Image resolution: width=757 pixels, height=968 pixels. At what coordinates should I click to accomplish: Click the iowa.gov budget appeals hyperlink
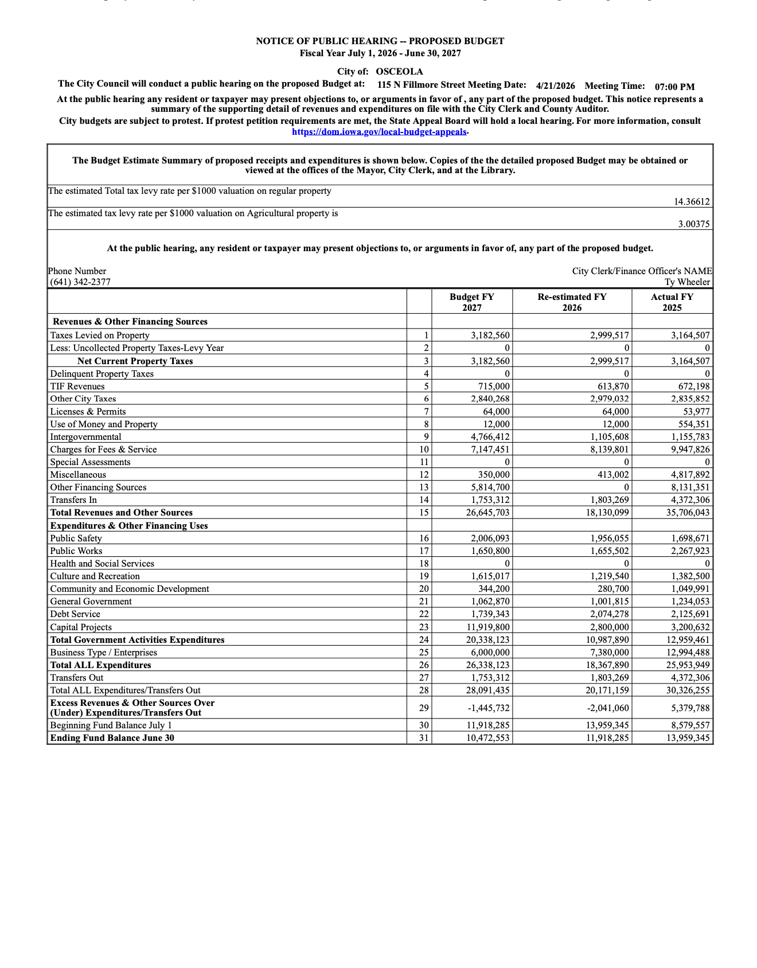[379, 132]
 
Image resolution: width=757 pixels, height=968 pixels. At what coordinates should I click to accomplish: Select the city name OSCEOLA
[399, 72]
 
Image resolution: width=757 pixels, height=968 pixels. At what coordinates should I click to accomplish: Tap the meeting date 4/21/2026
[555, 86]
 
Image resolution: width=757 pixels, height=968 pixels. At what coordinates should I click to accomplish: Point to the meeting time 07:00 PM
[674, 87]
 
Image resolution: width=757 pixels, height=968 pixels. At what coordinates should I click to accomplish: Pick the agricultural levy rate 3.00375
[694, 224]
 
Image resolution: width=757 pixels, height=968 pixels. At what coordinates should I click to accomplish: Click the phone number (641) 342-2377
[80, 282]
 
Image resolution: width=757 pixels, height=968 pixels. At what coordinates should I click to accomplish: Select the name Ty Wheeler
[688, 282]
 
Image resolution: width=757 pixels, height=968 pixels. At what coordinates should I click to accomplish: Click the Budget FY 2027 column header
[471, 302]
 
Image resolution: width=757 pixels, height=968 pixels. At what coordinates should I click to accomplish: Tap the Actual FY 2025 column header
[672, 302]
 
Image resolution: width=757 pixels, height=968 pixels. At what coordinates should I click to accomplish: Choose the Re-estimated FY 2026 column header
[572, 302]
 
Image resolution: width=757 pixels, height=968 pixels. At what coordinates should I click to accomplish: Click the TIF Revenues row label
[77, 387]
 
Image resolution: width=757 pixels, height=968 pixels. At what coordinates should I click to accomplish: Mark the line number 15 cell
[423, 513]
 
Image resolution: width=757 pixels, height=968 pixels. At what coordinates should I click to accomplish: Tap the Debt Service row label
[75, 614]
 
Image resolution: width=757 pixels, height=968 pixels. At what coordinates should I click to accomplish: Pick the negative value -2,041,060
[607, 708]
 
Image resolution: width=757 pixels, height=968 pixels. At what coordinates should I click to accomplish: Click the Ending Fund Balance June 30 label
[112, 738]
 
